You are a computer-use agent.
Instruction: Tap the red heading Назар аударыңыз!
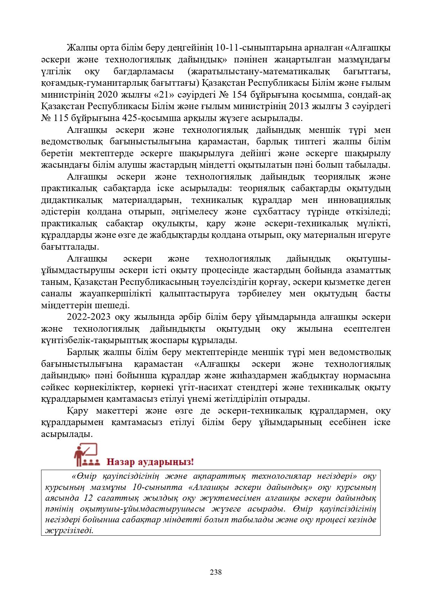click(150, 462)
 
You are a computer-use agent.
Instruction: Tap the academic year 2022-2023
click(88, 317)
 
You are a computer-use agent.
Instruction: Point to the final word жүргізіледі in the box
click(69, 531)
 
